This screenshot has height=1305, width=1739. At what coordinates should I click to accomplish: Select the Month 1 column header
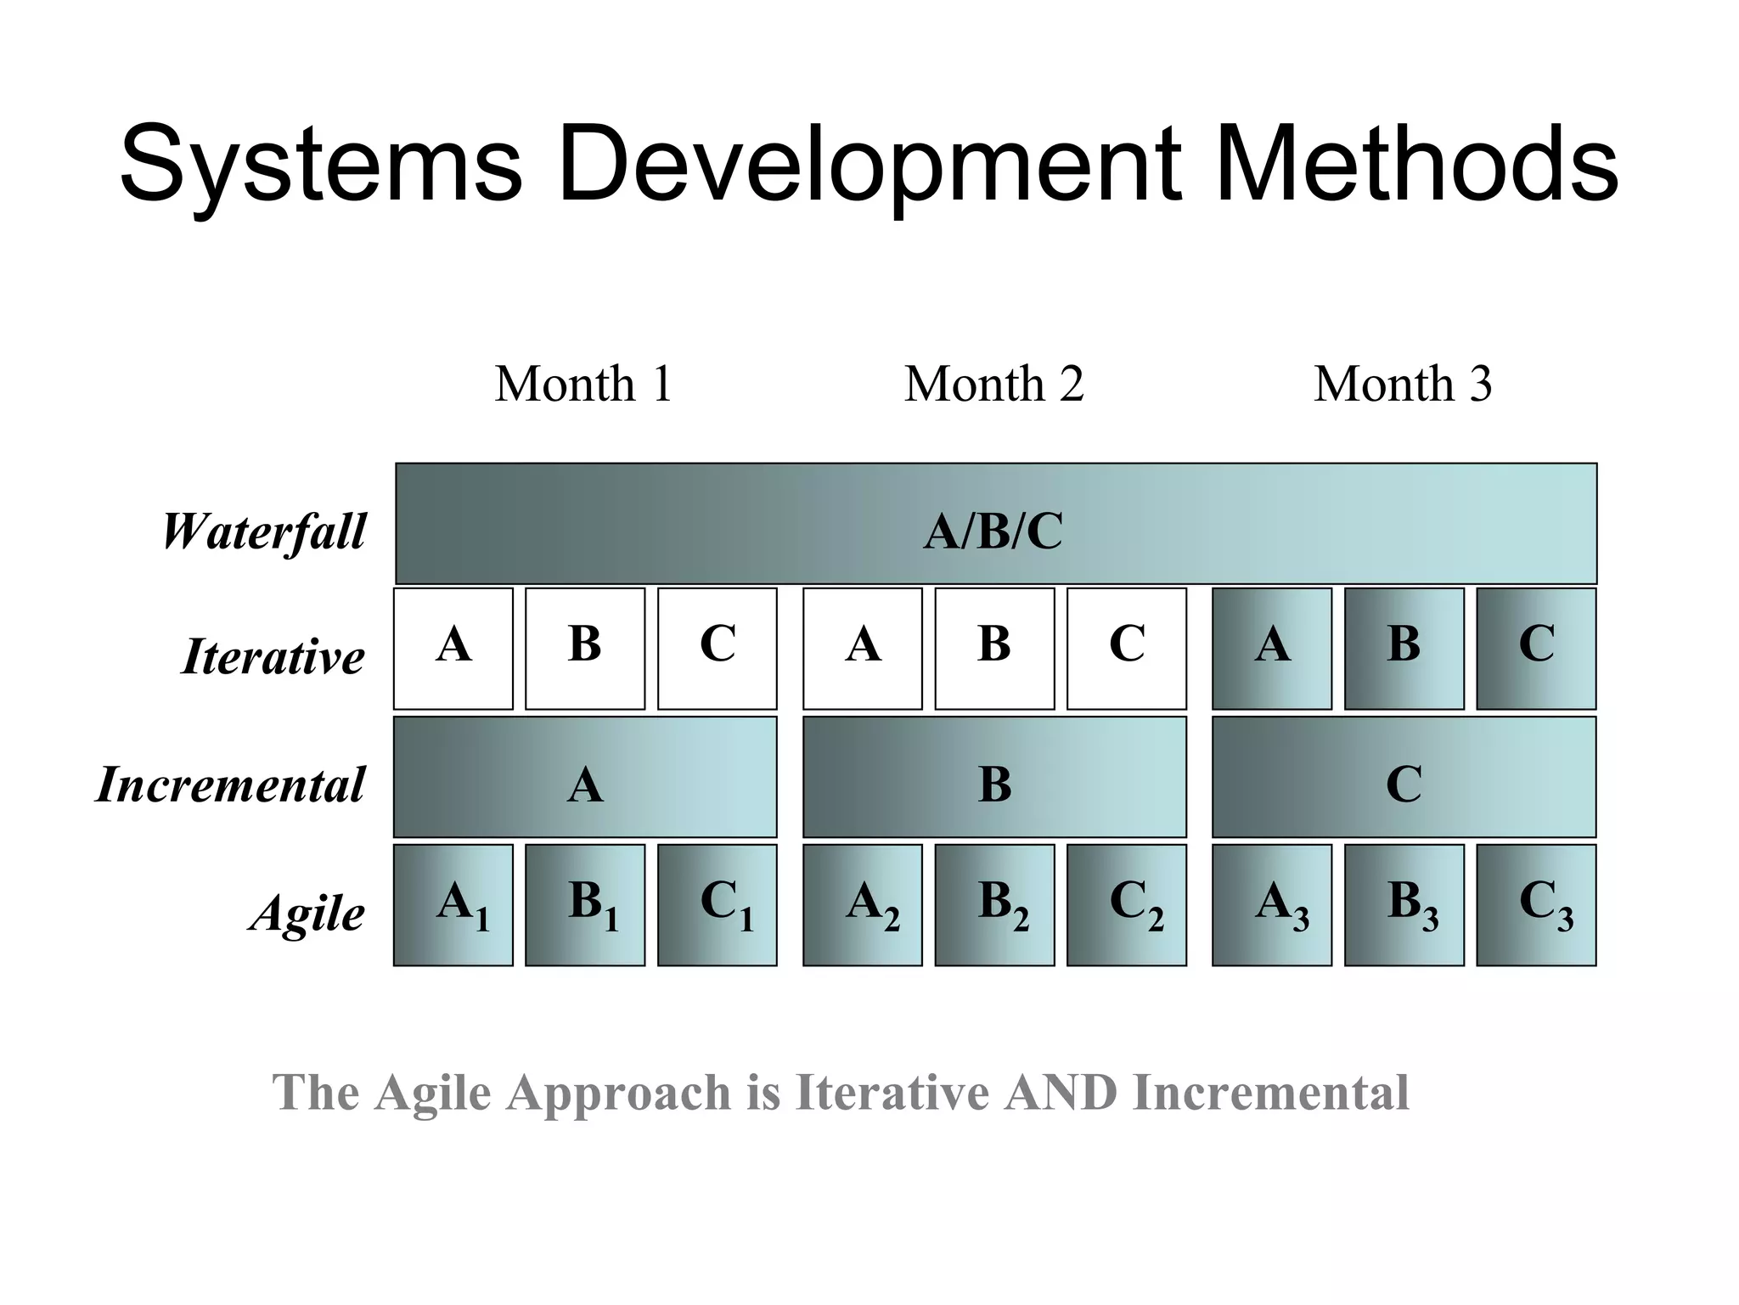583,384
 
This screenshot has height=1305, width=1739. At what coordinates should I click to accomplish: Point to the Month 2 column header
993,384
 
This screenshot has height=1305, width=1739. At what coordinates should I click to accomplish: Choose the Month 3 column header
1403,384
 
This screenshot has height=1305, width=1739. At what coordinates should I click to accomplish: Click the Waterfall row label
263,532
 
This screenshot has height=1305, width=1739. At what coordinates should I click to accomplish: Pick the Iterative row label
273,656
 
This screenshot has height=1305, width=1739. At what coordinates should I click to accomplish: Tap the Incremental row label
230,784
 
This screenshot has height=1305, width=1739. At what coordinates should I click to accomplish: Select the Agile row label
307,914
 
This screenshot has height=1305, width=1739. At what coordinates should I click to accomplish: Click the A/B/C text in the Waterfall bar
993,532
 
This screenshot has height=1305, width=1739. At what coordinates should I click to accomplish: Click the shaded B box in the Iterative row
1404,648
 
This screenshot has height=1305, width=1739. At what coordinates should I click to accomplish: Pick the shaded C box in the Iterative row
1536,648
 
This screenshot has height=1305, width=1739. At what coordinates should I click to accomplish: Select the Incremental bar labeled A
584,777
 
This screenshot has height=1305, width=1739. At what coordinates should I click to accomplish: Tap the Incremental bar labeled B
994,777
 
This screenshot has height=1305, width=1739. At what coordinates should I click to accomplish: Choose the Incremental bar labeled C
1404,777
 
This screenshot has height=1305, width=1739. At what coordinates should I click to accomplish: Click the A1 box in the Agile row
453,904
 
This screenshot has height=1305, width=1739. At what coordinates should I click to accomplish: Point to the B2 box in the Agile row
994,904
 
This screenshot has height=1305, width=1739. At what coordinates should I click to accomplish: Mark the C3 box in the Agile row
1536,904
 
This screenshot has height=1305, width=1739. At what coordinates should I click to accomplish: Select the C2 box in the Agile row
1126,904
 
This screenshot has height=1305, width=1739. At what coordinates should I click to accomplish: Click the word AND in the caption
1060,1092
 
